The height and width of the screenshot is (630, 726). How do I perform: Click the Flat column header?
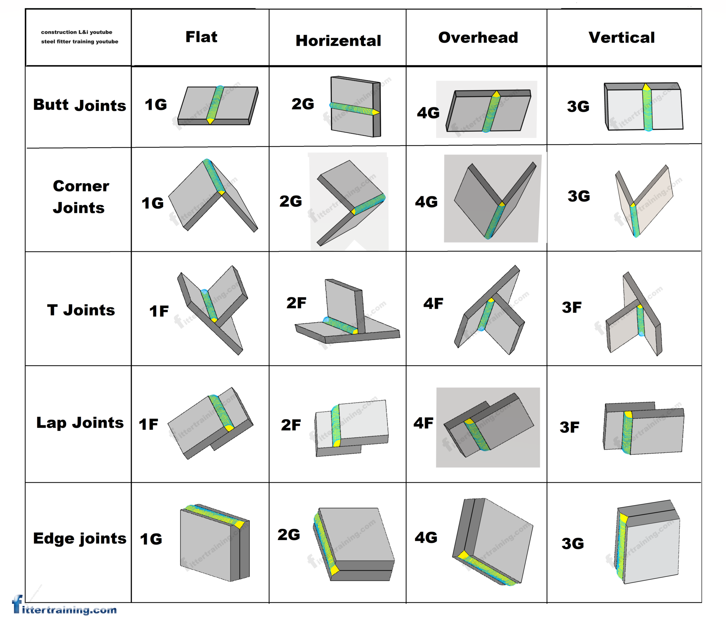(201, 37)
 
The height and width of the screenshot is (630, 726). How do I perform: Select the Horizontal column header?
(338, 41)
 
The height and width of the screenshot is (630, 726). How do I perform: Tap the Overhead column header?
(478, 38)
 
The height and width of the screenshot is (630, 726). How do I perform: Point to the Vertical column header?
(621, 38)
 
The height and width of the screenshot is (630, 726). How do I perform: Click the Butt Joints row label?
(79, 105)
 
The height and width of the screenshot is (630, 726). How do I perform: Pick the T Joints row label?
(81, 310)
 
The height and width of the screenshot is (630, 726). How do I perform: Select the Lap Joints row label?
(80, 423)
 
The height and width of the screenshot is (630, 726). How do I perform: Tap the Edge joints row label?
(79, 538)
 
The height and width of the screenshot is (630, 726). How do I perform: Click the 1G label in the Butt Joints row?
(156, 105)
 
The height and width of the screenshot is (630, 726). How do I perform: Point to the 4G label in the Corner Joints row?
(426, 202)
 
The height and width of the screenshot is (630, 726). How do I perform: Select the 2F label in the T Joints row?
(296, 303)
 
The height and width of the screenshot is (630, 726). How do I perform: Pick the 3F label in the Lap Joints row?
(569, 427)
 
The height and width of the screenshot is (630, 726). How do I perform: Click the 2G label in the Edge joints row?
(289, 535)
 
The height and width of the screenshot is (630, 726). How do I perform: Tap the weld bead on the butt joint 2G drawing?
(353, 109)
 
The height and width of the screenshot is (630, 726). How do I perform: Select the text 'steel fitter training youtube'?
(79, 41)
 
